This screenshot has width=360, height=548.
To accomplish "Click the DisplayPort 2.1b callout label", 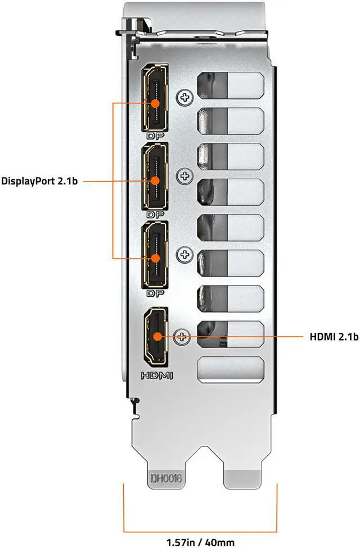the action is coord(39,181).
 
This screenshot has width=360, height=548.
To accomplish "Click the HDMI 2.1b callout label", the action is coord(334,337).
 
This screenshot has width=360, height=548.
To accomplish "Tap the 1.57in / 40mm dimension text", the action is coord(200,542).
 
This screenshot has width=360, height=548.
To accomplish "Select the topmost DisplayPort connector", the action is coord(155,98).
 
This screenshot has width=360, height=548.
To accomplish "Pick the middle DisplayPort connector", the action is coord(155,176).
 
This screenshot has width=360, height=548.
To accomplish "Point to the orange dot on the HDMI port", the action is coord(157,337).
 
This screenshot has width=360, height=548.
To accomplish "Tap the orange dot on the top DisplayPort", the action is coord(155,103).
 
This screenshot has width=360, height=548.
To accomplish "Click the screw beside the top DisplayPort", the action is coord(184,97).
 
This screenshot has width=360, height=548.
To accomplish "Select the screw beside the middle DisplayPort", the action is coord(184,176).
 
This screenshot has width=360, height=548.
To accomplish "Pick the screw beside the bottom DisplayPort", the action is coord(184,255).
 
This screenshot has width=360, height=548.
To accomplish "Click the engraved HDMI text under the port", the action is coord(157,376).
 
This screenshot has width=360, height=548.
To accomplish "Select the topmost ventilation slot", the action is coord(230,85).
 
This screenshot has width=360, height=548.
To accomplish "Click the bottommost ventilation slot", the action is coord(230,369).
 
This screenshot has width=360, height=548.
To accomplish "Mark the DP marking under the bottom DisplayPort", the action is coord(156,293).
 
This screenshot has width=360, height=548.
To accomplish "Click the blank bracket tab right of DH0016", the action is coord(243,479).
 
